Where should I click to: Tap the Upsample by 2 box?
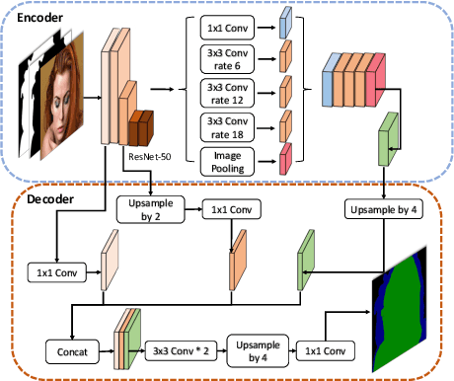(x=149, y=208)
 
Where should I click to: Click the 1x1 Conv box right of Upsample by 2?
(x=230, y=208)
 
